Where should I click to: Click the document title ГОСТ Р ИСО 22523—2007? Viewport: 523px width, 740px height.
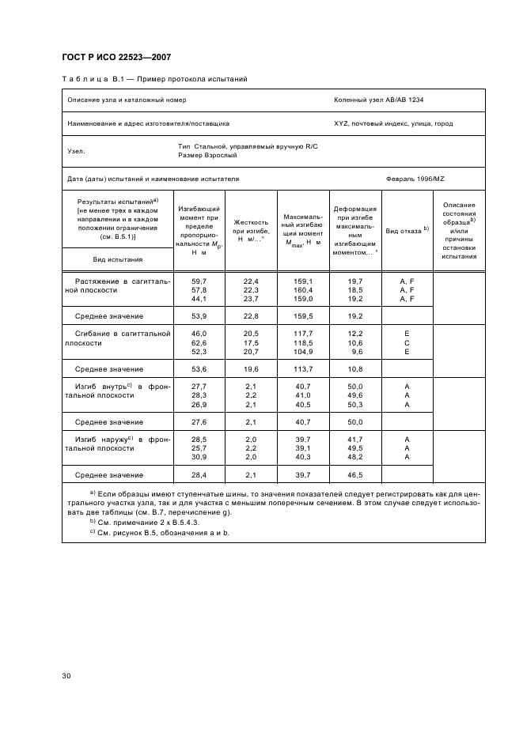(x=116, y=57)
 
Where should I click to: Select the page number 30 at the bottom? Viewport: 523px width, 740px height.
(x=66, y=675)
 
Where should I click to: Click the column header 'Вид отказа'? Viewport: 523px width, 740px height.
(x=407, y=230)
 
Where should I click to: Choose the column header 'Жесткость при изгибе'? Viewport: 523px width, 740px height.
(x=251, y=230)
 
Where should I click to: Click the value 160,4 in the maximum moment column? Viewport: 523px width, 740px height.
(x=303, y=290)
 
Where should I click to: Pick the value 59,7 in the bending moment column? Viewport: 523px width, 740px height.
(x=199, y=281)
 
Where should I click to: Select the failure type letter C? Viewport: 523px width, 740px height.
(x=407, y=343)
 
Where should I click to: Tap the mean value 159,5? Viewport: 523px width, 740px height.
(x=303, y=316)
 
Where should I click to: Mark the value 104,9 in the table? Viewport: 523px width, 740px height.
(x=303, y=352)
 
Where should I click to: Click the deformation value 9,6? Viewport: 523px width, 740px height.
(x=356, y=352)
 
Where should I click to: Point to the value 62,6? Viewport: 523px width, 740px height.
(x=199, y=343)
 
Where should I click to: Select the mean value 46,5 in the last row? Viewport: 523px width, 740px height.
(x=355, y=475)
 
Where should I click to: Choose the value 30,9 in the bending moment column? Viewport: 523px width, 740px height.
(x=199, y=457)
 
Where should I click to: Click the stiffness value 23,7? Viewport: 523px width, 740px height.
(x=251, y=299)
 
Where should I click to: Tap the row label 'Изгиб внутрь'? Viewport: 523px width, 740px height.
(x=96, y=387)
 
